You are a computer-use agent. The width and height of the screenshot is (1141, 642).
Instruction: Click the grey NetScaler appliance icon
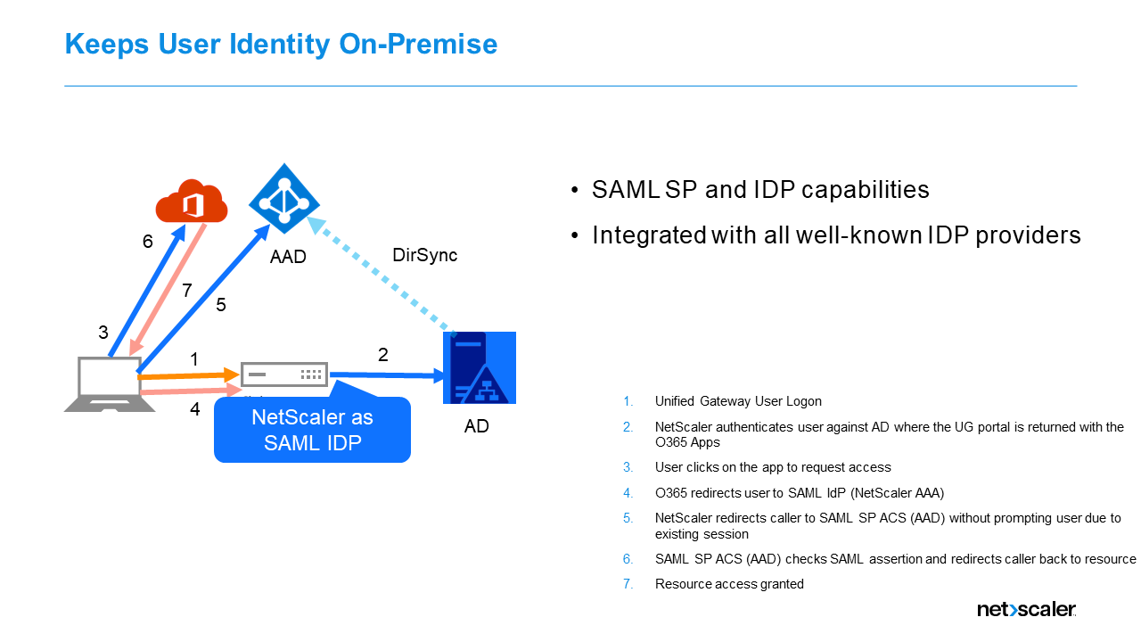(283, 374)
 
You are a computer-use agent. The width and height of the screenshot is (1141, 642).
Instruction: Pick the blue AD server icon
(480, 368)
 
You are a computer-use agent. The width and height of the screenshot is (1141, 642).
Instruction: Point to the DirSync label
(424, 255)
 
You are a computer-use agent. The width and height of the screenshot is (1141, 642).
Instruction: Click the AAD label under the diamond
(288, 257)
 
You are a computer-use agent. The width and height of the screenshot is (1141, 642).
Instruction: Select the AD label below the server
(476, 426)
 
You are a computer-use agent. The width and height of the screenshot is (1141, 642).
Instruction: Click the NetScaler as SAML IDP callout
(312, 430)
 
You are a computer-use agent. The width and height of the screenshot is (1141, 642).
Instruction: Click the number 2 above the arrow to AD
(383, 354)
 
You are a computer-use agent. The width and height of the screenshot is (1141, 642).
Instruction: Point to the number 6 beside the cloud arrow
(148, 242)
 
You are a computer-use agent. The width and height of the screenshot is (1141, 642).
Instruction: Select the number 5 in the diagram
(221, 305)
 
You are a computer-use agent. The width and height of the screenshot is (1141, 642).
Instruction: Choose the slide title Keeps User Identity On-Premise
(281, 44)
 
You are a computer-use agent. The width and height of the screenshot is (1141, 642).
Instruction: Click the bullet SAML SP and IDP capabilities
(759, 190)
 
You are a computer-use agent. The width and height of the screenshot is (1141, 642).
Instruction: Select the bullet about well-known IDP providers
(835, 235)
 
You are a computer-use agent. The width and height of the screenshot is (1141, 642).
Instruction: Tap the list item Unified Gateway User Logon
(737, 401)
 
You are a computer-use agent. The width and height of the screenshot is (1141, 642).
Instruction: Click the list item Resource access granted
(728, 584)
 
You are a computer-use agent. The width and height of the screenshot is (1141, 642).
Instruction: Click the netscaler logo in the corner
(1026, 610)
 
